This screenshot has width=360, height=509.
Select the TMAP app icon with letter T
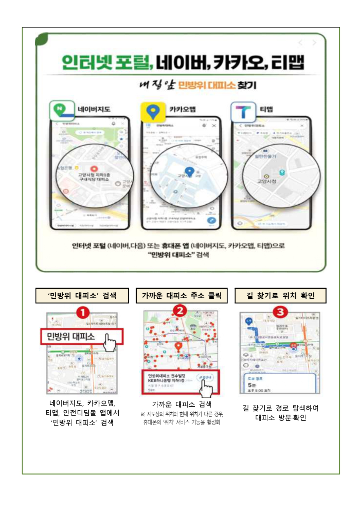pos(243,112)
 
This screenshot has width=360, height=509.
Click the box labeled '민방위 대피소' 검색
pos(82,296)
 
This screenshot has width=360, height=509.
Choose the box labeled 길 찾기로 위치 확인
pos(280,296)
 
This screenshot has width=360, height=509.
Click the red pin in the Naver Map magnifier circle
pos(94,170)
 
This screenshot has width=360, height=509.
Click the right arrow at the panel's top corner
pos(314,43)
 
